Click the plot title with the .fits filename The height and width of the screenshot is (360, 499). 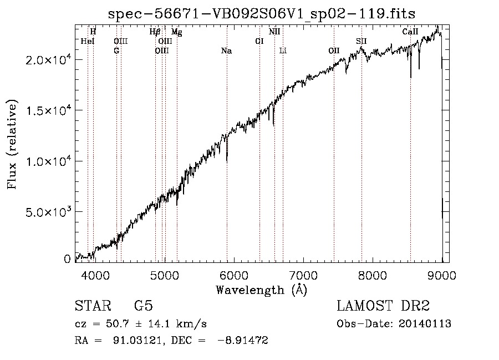tap(262, 14)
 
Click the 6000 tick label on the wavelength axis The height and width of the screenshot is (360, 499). tap(234, 275)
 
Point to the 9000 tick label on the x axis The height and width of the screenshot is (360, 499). tap(442, 275)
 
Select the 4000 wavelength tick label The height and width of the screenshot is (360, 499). tap(95, 275)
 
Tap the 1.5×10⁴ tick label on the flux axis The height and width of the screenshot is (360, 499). tap(48, 110)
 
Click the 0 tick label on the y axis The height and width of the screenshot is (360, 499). tap(67, 259)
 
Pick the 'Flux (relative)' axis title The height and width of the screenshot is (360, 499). tap(12, 145)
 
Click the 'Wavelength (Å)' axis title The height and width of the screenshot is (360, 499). tap(262, 290)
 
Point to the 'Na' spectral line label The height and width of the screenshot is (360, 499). tap(227, 51)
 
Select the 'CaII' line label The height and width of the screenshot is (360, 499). tap(410, 32)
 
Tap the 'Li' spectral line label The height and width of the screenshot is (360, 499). tap(283, 51)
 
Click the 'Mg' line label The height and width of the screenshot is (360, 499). tap(177, 32)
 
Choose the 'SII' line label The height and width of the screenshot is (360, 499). tap(361, 42)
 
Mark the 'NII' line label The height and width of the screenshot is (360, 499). tap(274, 32)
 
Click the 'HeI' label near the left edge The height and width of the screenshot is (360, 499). tap(88, 42)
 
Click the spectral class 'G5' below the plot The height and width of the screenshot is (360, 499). tap(144, 306)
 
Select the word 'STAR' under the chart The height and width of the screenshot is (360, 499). tap(93, 306)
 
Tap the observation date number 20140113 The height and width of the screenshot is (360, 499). tap(425, 324)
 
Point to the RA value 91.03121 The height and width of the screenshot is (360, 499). tap(137, 340)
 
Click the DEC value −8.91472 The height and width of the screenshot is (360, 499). tap(243, 340)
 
